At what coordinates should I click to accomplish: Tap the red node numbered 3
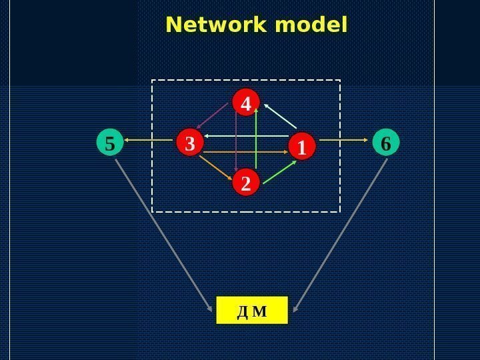click(x=189, y=143)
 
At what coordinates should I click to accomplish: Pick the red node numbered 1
click(x=301, y=147)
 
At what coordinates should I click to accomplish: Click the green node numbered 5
click(x=110, y=143)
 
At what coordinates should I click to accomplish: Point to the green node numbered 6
click(x=385, y=143)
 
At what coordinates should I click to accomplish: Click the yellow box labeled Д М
click(x=251, y=311)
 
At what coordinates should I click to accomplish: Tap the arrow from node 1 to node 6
click(x=343, y=140)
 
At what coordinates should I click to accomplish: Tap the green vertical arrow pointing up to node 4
click(x=257, y=143)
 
